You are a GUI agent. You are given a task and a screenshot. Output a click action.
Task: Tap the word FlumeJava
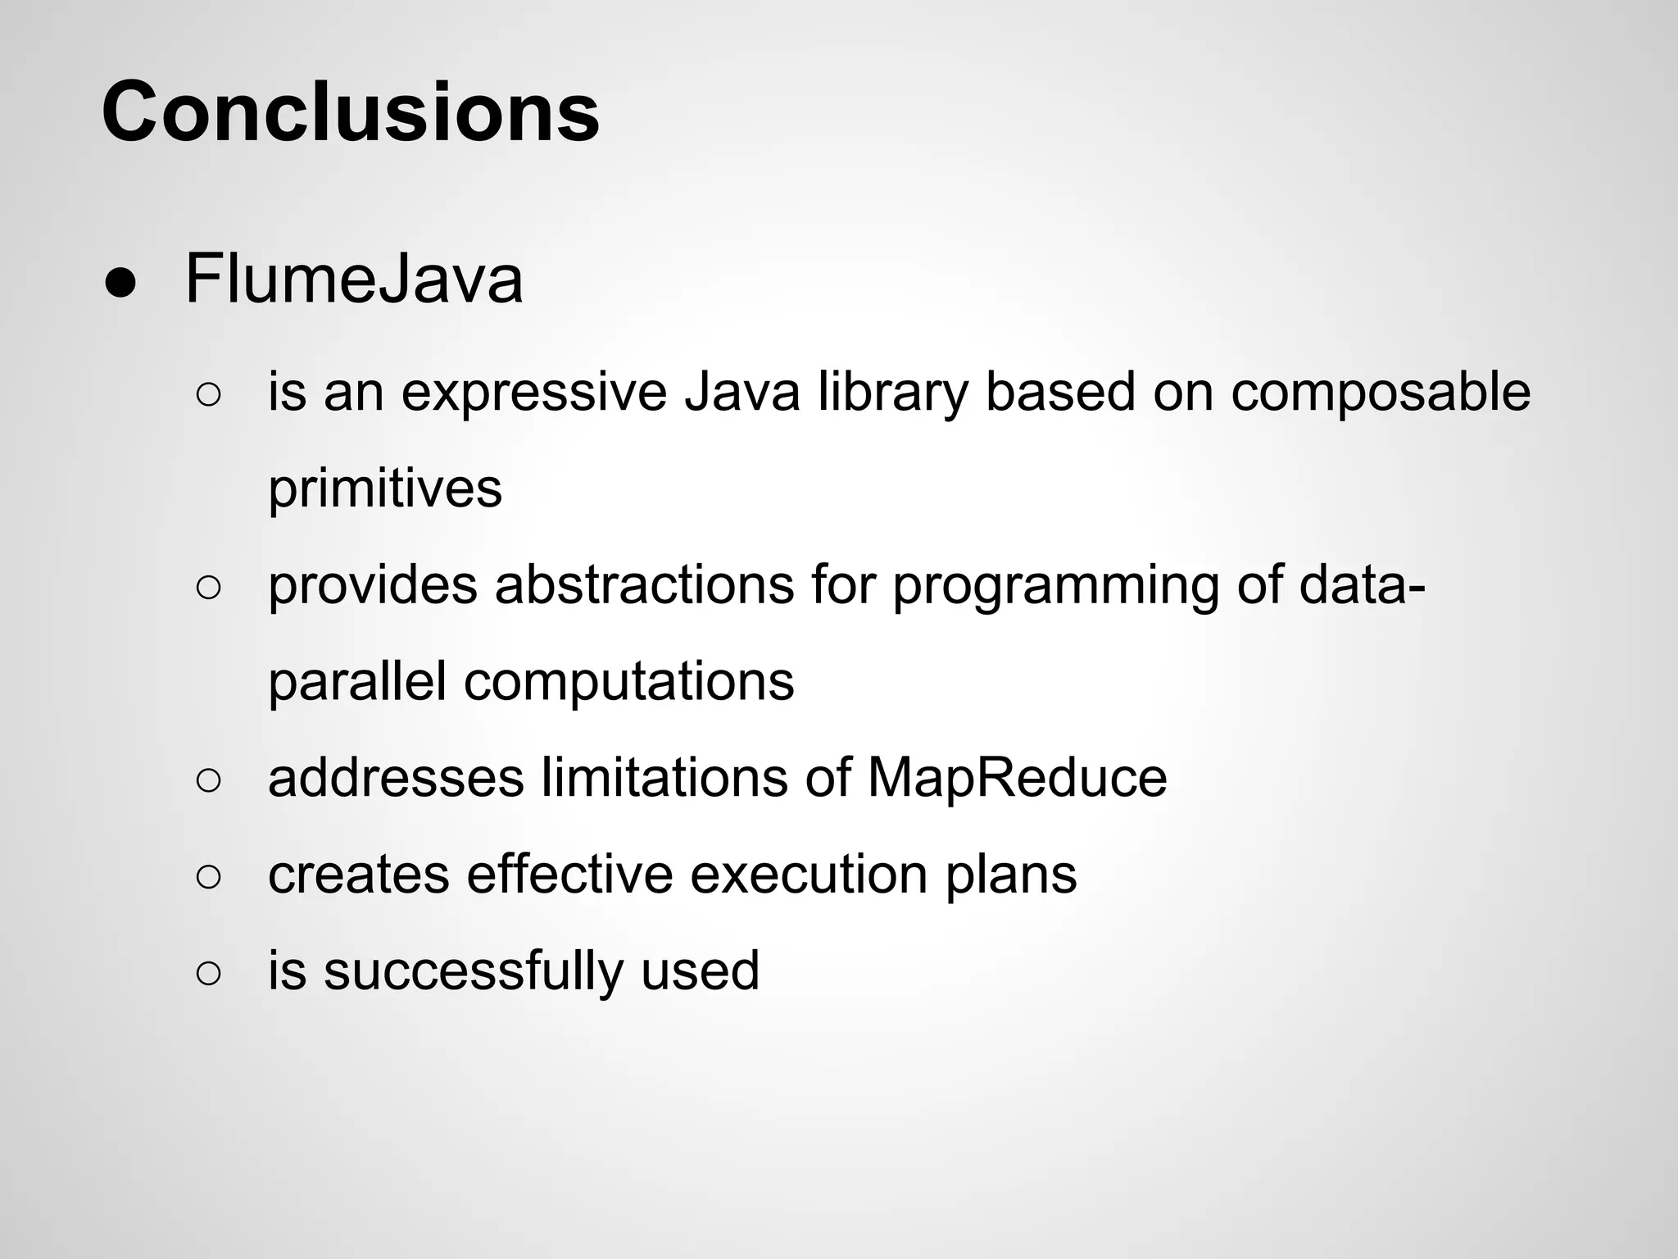pos(353,279)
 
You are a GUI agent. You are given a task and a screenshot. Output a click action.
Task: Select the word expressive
pos(533,392)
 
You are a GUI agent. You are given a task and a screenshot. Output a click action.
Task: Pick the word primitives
pos(384,489)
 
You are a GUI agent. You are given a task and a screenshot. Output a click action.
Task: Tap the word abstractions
pos(644,585)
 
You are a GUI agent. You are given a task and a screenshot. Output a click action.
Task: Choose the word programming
pos(1055,585)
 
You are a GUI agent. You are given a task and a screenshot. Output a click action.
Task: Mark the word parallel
pos(357,681)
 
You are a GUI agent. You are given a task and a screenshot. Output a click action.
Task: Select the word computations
pos(628,681)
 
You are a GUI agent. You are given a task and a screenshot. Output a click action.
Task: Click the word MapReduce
pos(1017,778)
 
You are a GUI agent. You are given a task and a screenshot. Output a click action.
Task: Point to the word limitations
pos(664,778)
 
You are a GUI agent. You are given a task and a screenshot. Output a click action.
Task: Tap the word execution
pos(809,875)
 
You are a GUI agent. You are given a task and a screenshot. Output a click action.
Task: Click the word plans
pos(1011,875)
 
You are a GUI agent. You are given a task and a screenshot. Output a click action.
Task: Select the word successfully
pos(474,970)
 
